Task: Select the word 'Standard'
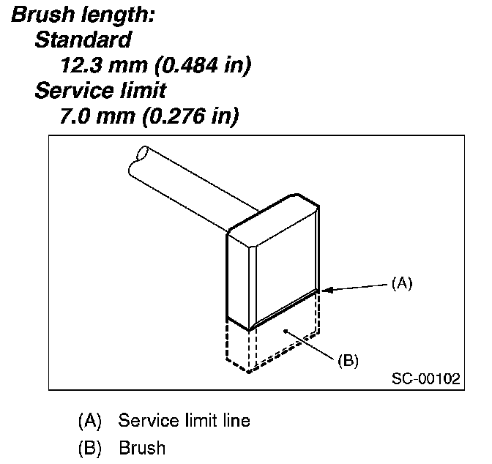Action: tap(83, 40)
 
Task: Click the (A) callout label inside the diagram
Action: tap(400, 282)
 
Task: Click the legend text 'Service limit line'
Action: tap(184, 421)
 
